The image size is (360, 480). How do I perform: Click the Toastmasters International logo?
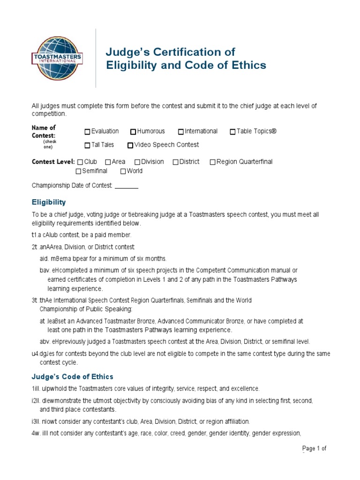[x=57, y=59]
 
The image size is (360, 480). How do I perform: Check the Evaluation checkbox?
[x=87, y=132]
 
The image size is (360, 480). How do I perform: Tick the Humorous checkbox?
[x=133, y=132]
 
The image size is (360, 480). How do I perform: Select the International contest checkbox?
[x=180, y=132]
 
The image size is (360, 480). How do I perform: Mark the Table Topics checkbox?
[x=232, y=132]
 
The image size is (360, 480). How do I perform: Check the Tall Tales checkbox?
[x=87, y=145]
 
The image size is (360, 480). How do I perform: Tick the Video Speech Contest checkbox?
[x=130, y=145]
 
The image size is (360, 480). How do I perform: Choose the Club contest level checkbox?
[x=80, y=162]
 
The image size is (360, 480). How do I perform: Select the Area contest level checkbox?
[x=108, y=162]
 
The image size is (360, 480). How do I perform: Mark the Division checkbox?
[x=137, y=162]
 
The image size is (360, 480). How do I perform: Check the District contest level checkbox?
[x=175, y=162]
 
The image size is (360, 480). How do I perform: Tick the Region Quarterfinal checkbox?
[x=212, y=162]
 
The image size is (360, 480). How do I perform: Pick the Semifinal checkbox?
[x=78, y=171]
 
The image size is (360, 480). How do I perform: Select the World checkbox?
[x=123, y=171]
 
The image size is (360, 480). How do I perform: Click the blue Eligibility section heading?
[x=49, y=202]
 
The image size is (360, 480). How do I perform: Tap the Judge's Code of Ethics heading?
[x=72, y=377]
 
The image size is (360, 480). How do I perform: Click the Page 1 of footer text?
[x=314, y=449]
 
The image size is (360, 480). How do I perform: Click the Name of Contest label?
[x=44, y=131]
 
